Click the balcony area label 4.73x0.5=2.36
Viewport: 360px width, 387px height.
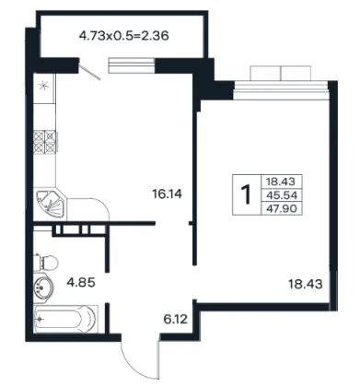pyautogui.click(x=124, y=36)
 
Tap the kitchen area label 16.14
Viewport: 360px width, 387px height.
pyautogui.click(x=167, y=193)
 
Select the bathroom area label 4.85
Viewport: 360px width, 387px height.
pyautogui.click(x=81, y=282)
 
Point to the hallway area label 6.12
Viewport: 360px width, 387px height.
pyautogui.click(x=175, y=320)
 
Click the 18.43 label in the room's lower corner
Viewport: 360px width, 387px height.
pyautogui.click(x=306, y=284)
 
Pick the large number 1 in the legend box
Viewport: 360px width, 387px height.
pyautogui.click(x=246, y=194)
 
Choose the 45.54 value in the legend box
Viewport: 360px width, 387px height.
pyautogui.click(x=282, y=195)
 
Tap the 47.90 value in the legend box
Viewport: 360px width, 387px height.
pyautogui.click(x=282, y=209)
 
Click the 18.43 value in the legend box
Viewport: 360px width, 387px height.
pyautogui.click(x=281, y=182)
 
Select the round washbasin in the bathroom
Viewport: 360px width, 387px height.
pyautogui.click(x=43, y=287)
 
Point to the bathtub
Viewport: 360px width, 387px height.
pyautogui.click(x=65, y=319)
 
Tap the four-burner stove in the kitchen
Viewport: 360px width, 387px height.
pyautogui.click(x=45, y=142)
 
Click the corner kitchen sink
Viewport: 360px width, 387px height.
pyautogui.click(x=50, y=204)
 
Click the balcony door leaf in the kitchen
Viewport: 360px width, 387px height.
pyautogui.click(x=90, y=69)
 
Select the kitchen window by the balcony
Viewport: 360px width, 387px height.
pyautogui.click(x=132, y=65)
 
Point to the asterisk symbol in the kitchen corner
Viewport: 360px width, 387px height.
pyautogui.click(x=44, y=86)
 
